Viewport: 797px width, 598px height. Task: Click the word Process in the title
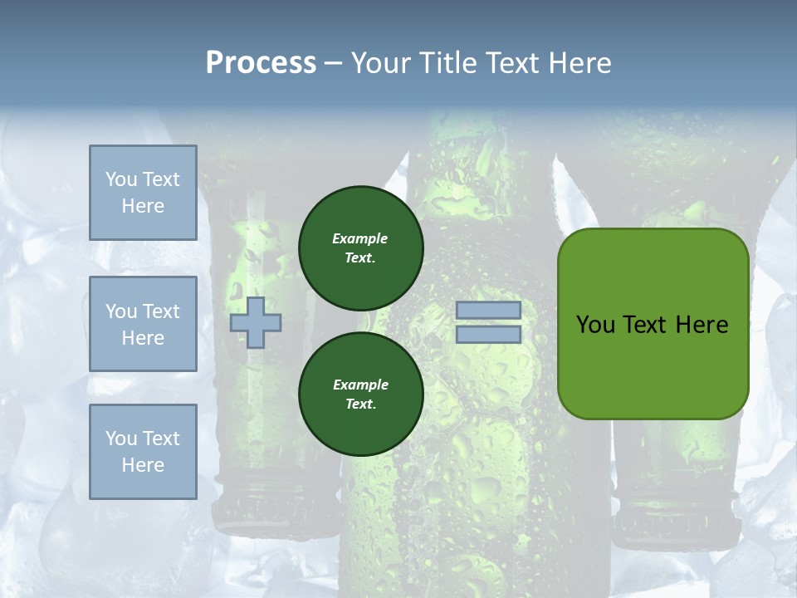(261, 63)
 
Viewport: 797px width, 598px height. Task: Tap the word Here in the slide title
(578, 63)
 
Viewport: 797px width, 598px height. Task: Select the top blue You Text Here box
(143, 193)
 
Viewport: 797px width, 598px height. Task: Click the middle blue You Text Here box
(143, 324)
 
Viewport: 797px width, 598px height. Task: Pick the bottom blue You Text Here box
(143, 452)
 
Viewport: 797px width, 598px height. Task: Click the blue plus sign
(256, 322)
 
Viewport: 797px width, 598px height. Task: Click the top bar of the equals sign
(488, 311)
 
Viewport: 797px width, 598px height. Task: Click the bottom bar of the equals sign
(488, 335)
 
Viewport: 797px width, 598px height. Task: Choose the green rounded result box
(653, 365)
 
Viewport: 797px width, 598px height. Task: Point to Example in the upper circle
(360, 239)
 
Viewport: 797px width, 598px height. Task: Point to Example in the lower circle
(360, 385)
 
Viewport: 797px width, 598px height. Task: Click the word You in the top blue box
(121, 179)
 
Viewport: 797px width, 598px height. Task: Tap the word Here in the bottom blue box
(143, 465)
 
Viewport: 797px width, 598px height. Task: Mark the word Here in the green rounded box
(702, 325)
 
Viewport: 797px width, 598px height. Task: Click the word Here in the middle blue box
(143, 338)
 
